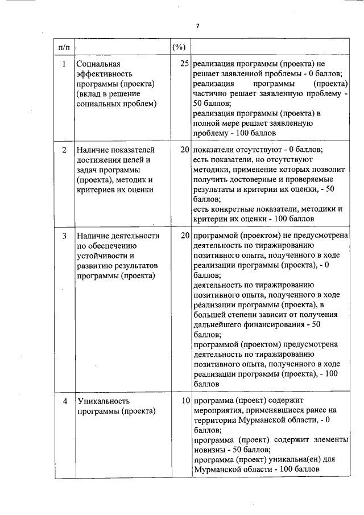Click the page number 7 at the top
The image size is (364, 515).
pos(197,26)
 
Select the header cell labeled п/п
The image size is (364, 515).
pos(64,46)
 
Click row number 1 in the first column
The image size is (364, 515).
pos(64,64)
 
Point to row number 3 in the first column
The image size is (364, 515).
pos(64,236)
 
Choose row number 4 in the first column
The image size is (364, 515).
pos(64,402)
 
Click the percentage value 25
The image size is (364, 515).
pos(184,64)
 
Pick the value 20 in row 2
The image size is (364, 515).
pos(184,150)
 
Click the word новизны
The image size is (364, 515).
pos(211,450)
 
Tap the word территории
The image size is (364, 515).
pos(216,421)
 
